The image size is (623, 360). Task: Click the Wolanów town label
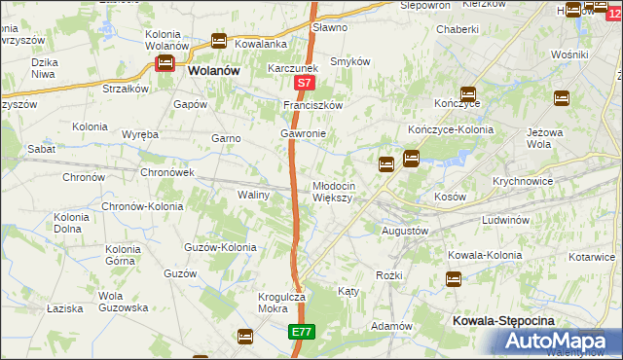[x=212, y=70]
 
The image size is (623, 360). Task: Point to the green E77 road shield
[x=301, y=333]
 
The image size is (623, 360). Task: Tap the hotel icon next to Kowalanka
[x=219, y=42]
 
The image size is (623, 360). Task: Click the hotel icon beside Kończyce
[x=468, y=94]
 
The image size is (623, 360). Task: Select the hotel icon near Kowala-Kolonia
[x=454, y=279]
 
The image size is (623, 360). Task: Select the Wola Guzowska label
[x=123, y=302]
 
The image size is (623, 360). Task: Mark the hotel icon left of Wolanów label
[x=164, y=65]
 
